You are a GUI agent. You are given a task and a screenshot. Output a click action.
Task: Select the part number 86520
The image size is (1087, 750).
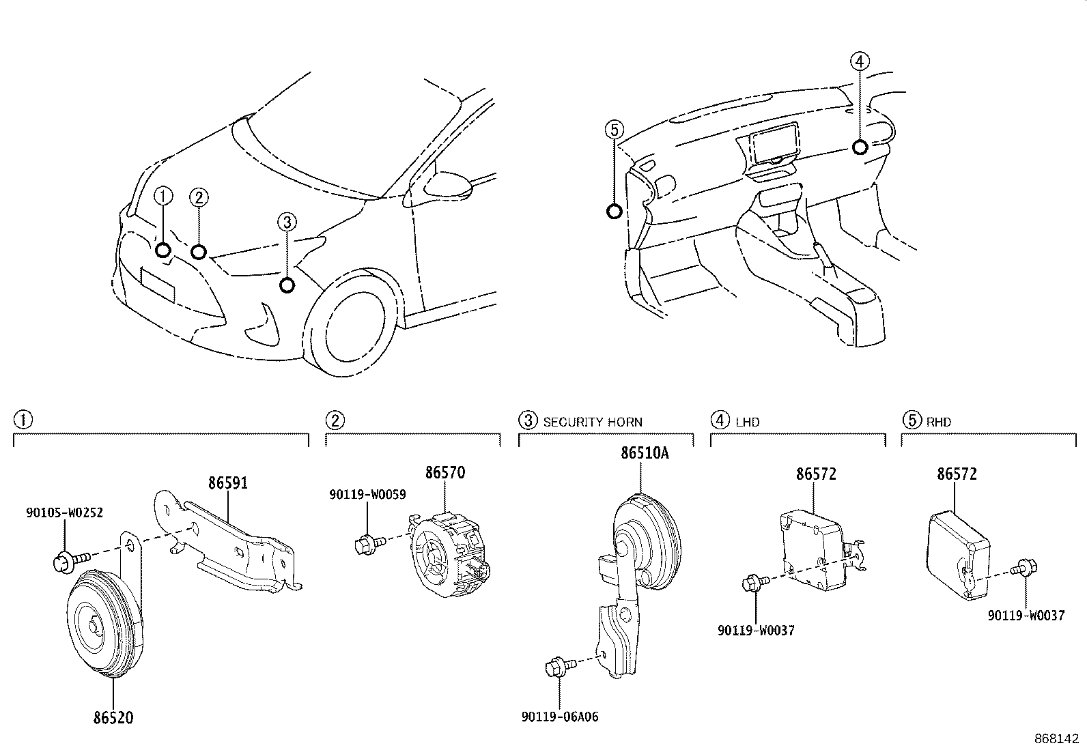tap(113, 717)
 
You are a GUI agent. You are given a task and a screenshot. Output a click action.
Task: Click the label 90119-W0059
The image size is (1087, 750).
tap(367, 495)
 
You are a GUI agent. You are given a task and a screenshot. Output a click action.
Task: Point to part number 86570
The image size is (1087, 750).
tap(444, 473)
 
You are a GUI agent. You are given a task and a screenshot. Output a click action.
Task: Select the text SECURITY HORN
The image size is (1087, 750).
tap(593, 422)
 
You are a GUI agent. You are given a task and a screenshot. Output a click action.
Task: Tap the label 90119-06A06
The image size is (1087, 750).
tap(559, 717)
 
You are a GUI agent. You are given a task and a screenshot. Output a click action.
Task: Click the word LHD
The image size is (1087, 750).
tap(747, 422)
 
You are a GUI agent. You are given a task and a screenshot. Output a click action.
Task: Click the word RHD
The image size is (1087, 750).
tap(938, 422)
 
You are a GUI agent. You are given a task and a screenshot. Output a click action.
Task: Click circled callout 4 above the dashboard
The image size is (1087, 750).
tap(860, 61)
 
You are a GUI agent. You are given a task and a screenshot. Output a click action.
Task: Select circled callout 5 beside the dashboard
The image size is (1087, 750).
tap(614, 129)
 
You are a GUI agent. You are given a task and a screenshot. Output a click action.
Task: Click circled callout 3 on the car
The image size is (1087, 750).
tap(287, 222)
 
